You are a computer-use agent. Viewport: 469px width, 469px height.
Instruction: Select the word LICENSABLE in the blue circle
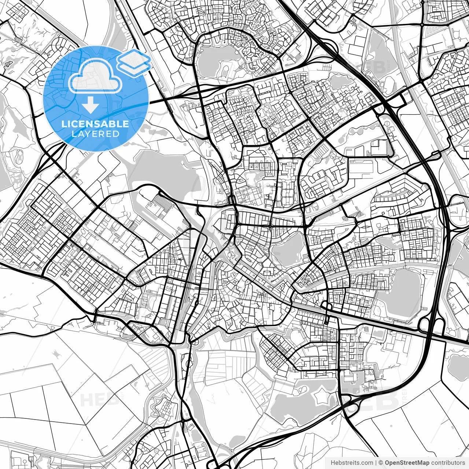click(x=95, y=124)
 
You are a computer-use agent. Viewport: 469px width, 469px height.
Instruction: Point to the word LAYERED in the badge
click(x=95, y=134)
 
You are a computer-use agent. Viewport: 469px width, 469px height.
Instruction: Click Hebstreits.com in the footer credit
click(x=352, y=463)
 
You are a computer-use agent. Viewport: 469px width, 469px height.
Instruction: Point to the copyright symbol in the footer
click(x=381, y=463)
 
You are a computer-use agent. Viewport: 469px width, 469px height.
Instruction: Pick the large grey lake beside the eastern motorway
click(x=403, y=293)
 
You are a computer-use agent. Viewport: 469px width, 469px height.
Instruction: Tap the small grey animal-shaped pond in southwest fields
click(x=56, y=354)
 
